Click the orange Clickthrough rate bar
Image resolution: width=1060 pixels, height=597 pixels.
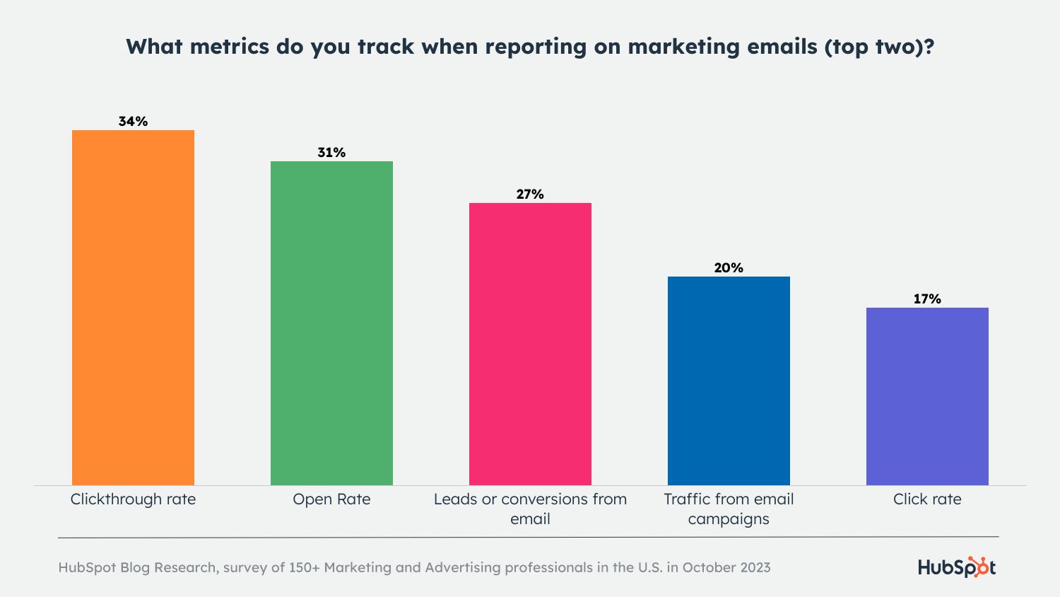133,308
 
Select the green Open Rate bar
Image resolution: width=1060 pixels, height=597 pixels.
331,323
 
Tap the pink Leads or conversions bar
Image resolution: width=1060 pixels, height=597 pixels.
530,344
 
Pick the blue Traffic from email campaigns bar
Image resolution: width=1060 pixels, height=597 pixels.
729,381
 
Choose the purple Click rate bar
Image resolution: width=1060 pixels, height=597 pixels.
927,396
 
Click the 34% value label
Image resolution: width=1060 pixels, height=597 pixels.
133,122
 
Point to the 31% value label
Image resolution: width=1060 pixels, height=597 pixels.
331,153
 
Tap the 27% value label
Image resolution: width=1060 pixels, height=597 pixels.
530,195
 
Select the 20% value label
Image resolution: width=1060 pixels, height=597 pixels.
729,268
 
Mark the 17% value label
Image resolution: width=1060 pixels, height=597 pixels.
927,299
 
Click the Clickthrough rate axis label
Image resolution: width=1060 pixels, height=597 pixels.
133,499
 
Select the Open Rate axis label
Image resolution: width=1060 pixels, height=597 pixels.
331,499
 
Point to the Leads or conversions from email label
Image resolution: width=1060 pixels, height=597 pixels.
530,509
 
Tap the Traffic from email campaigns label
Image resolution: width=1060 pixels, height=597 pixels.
729,509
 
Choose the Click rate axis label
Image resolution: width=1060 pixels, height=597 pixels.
927,499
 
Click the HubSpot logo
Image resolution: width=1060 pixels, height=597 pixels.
957,567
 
